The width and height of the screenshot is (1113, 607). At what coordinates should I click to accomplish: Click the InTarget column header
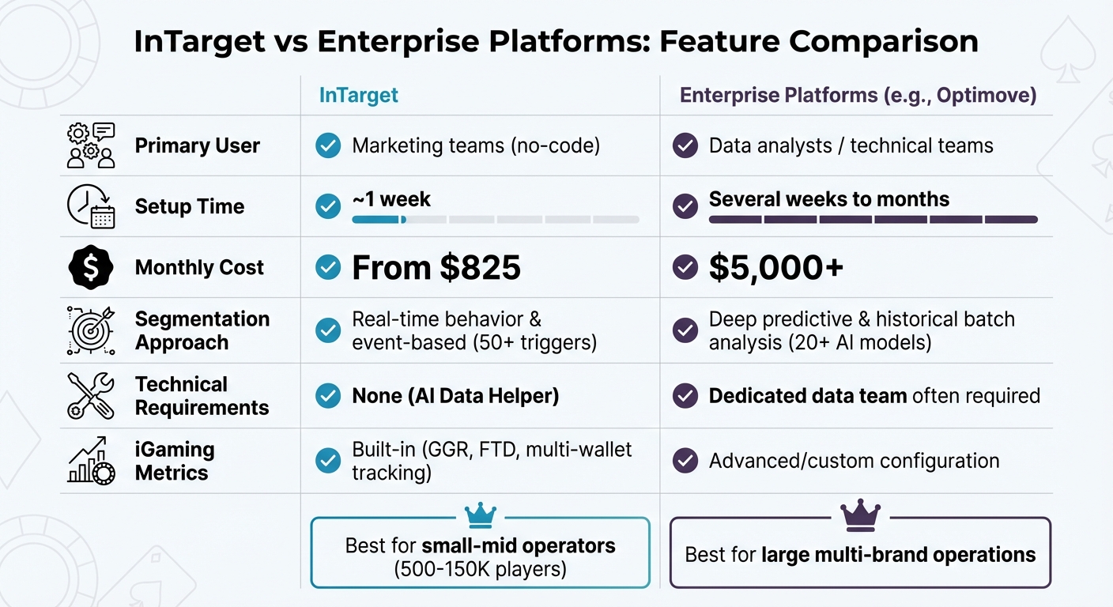(358, 96)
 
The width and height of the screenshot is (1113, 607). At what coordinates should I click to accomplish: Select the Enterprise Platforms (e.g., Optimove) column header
(858, 96)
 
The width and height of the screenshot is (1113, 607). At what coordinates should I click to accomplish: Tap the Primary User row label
(197, 146)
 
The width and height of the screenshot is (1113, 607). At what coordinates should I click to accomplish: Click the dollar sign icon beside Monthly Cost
(91, 267)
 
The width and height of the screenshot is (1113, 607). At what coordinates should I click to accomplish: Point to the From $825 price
(436, 268)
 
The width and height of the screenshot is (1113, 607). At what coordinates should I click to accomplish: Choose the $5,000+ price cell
(775, 268)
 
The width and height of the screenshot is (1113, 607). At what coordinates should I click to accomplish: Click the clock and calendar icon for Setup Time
(91, 207)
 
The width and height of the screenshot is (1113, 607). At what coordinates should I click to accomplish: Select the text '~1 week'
(391, 199)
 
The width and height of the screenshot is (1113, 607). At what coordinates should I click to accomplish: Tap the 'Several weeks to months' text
(828, 199)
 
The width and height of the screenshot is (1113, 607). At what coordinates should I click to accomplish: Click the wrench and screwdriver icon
(91, 396)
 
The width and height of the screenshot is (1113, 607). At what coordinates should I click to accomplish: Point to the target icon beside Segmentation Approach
(91, 330)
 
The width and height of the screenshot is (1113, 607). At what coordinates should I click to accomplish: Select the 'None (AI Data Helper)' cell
(455, 396)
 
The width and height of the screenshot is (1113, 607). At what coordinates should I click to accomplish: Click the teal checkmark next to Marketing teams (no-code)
(327, 146)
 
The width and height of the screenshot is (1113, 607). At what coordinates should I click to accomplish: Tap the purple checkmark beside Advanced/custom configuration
(685, 461)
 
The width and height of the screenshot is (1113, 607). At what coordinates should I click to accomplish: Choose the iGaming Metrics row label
(174, 461)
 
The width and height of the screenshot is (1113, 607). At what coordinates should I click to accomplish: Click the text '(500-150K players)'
(480, 569)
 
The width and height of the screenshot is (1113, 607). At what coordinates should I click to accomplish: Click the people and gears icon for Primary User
(91, 146)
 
